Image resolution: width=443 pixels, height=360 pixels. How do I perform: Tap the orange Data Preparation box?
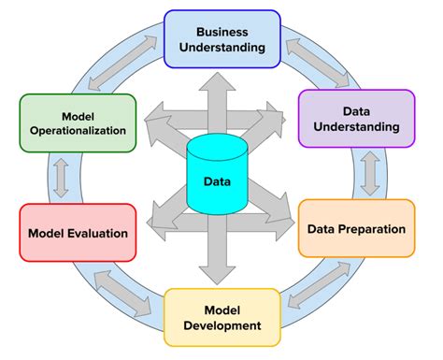(x=355, y=227)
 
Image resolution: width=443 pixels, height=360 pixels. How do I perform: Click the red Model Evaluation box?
(x=77, y=233)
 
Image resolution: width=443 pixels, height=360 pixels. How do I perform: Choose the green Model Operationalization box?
(x=79, y=122)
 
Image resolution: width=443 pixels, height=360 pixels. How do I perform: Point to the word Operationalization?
(x=79, y=131)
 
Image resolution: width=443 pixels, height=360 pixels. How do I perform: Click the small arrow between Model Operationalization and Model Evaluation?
(x=62, y=178)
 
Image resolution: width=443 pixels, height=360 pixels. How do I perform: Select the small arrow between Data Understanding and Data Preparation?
(x=370, y=172)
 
